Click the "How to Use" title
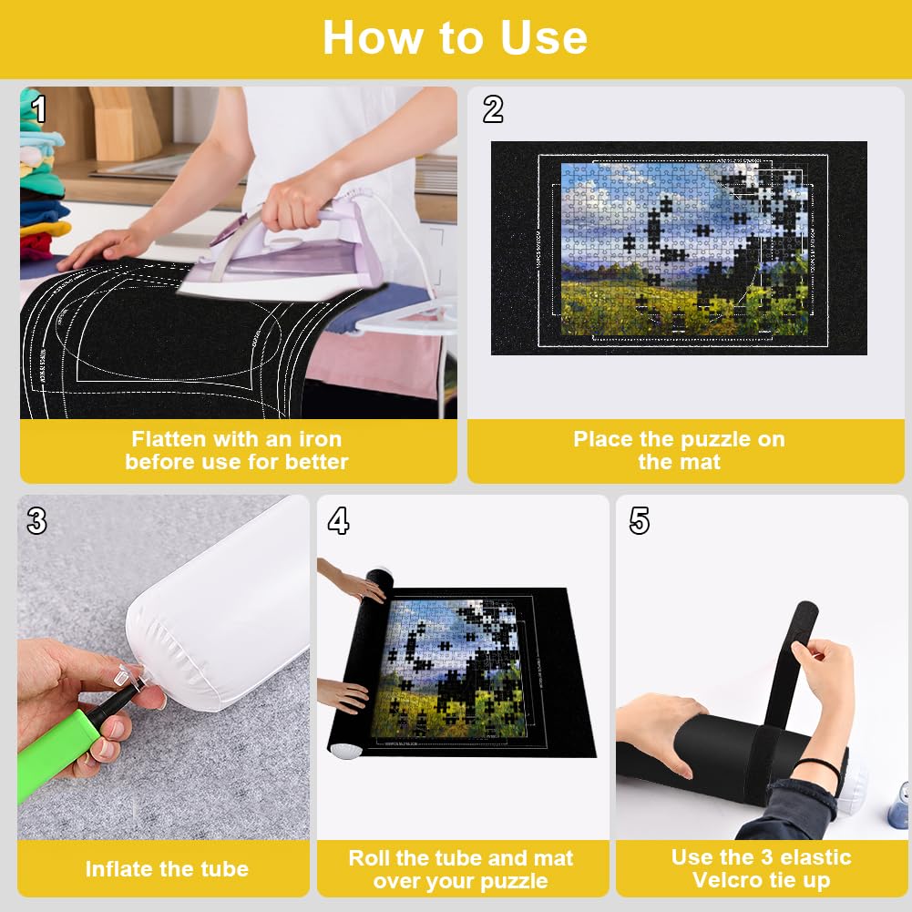coord(455,38)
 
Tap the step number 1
coord(38,109)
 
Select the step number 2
coord(493,109)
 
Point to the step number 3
coord(36,521)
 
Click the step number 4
coord(338,521)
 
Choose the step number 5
coord(640,521)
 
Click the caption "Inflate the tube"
coord(167,869)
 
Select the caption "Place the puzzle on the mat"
coord(679,450)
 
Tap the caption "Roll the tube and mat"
coord(460,858)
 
